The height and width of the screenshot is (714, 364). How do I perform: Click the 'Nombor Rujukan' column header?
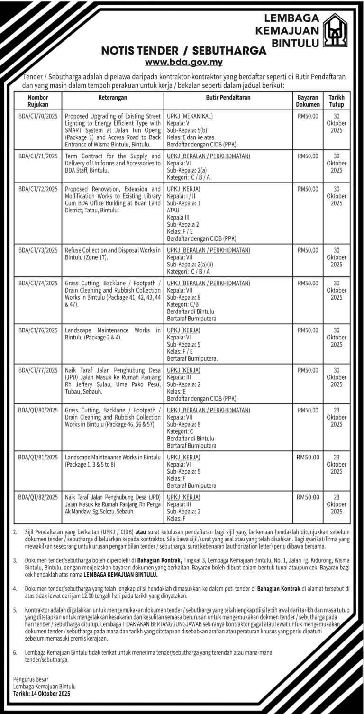(38, 101)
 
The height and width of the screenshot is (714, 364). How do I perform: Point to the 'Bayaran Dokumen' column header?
(308, 101)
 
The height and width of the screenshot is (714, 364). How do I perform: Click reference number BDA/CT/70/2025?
(38, 116)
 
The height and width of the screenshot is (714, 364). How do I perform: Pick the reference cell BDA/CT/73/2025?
(38, 250)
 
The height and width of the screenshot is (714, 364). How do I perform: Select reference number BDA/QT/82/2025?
(38, 497)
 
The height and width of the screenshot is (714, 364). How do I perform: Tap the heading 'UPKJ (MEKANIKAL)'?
(190, 116)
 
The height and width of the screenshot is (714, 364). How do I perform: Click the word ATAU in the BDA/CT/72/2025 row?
(173, 209)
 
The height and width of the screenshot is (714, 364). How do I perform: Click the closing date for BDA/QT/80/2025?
(336, 417)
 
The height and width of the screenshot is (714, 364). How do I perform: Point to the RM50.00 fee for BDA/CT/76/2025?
(308, 330)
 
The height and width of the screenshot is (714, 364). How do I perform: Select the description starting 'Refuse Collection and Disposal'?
(112, 254)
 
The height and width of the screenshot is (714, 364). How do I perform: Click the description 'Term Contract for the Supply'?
(112, 163)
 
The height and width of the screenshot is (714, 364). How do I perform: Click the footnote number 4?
(15, 588)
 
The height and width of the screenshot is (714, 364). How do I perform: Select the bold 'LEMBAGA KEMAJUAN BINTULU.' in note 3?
(120, 574)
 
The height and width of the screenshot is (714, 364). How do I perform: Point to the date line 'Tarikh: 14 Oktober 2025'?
(42, 693)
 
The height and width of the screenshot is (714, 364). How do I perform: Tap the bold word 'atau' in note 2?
(142, 532)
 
